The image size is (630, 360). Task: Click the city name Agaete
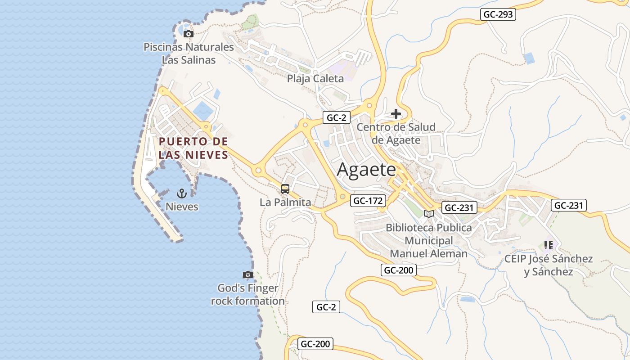pyautogui.click(x=366, y=170)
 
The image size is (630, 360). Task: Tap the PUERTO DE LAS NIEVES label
pyautogui.click(x=193, y=148)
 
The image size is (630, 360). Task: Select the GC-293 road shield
pyautogui.click(x=498, y=14)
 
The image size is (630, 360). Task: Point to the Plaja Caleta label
pyautogui.click(x=315, y=78)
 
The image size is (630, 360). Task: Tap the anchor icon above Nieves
pyautogui.click(x=182, y=194)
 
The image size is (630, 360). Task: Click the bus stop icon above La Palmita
pyautogui.click(x=285, y=189)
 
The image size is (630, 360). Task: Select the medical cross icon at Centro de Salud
pyautogui.click(x=396, y=114)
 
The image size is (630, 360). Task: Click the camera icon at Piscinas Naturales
pyautogui.click(x=189, y=34)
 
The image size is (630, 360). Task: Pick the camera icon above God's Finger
pyautogui.click(x=247, y=274)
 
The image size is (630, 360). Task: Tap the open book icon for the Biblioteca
pyautogui.click(x=429, y=214)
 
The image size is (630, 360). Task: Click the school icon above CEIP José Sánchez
pyautogui.click(x=548, y=245)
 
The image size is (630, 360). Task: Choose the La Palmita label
pyautogui.click(x=285, y=202)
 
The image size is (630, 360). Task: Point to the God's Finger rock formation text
pyautogui.click(x=248, y=294)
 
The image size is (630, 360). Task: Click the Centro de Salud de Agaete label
pyautogui.click(x=396, y=133)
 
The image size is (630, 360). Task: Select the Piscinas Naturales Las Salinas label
pyautogui.click(x=189, y=53)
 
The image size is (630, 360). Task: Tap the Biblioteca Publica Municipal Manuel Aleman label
pyautogui.click(x=429, y=240)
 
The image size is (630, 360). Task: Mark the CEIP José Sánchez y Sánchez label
pyautogui.click(x=549, y=265)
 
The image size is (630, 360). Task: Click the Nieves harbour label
pyautogui.click(x=182, y=207)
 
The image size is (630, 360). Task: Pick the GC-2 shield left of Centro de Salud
pyautogui.click(x=336, y=118)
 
